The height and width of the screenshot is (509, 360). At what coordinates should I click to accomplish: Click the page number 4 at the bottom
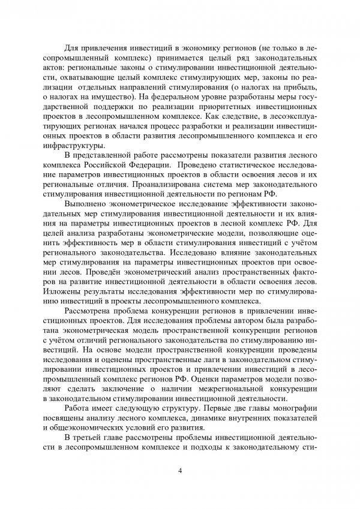[180, 469]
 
